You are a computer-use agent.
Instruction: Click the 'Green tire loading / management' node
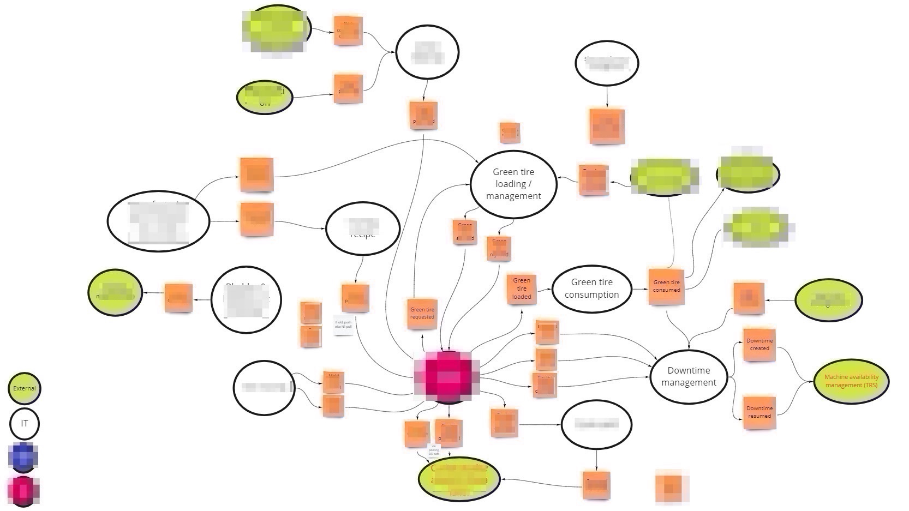pos(513,184)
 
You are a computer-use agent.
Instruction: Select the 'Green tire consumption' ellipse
pos(591,288)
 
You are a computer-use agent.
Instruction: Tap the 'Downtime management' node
pos(689,376)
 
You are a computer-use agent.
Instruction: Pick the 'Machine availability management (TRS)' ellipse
pos(851,381)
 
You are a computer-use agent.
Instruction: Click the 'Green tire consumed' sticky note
pos(666,286)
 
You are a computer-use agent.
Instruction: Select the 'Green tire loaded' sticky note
pos(521,288)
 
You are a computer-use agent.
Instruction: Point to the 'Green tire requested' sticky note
pos(422,313)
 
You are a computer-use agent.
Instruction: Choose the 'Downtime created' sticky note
pos(759,344)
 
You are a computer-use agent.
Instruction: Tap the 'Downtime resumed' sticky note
pos(759,412)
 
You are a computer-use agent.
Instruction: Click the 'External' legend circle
pos(24,388)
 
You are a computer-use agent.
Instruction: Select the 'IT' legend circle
pos(24,423)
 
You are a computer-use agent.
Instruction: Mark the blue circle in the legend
pos(23,457)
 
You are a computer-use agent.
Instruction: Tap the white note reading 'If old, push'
pos(343,324)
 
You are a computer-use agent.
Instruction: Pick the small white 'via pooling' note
pos(434,450)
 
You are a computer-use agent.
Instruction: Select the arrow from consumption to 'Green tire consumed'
pos(640,288)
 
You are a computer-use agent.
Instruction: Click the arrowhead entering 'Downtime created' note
pos(741,345)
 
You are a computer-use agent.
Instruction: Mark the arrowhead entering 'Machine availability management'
pos(812,382)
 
